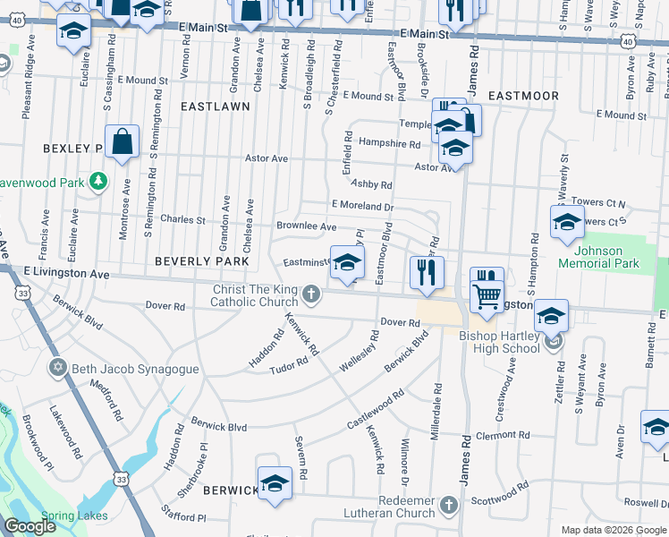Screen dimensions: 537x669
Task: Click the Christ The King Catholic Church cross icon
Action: pyautogui.click(x=310, y=294)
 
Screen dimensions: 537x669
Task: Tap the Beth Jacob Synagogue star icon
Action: pyautogui.click(x=59, y=368)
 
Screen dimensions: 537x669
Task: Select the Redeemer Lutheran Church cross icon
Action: pyautogui.click(x=449, y=506)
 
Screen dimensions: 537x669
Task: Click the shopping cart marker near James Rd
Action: pyautogui.click(x=487, y=296)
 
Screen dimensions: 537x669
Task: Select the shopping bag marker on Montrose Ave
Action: pyautogui.click(x=122, y=143)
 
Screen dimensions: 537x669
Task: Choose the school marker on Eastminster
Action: pyautogui.click(x=348, y=263)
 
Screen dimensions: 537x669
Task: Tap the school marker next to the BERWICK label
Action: pyautogui.click(x=275, y=484)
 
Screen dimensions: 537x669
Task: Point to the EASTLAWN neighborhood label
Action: pyautogui.click(x=215, y=106)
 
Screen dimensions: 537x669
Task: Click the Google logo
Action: pyautogui.click(x=30, y=526)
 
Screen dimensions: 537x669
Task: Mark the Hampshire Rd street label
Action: pyautogui.click(x=389, y=143)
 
